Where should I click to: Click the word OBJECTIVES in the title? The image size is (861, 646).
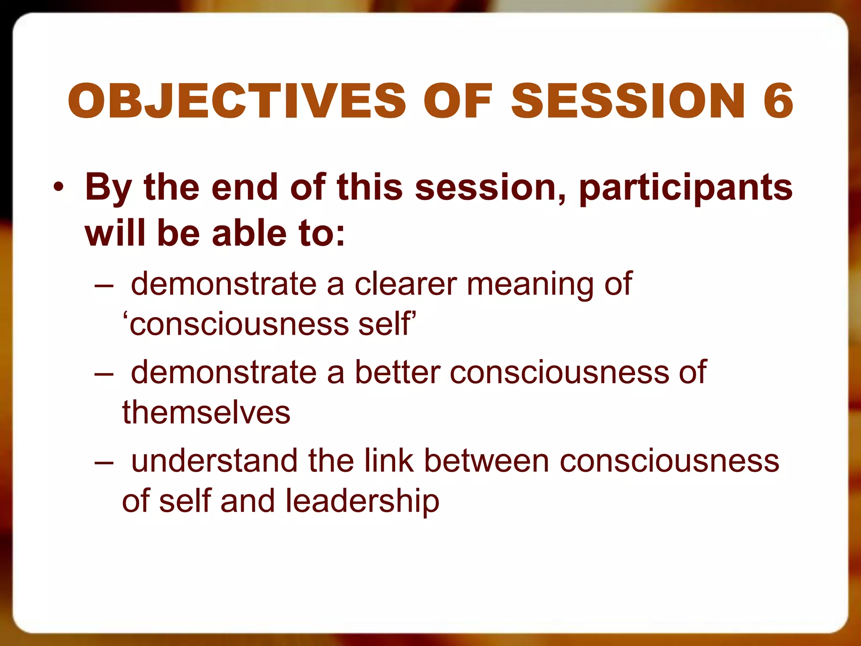(237, 101)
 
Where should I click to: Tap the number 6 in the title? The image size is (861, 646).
(778, 101)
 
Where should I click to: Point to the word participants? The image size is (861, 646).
(686, 188)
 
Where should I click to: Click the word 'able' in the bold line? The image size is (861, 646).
(244, 233)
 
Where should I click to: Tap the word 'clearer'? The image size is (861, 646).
(406, 284)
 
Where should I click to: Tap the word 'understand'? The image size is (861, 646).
(215, 461)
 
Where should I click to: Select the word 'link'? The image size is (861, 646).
(389, 461)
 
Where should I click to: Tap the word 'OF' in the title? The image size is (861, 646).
(458, 101)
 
